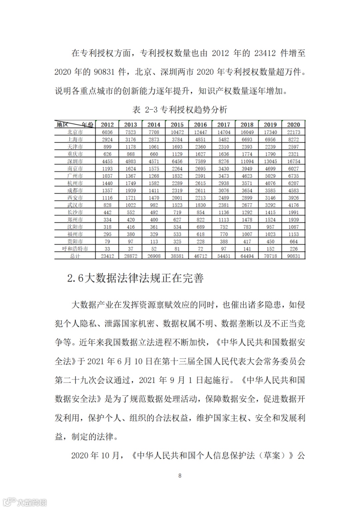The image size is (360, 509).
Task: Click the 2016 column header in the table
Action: point(200,125)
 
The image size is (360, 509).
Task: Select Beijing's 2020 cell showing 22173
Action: point(293,132)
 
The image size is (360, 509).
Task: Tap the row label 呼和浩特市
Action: point(75,249)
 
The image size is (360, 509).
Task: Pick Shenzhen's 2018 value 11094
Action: point(247,161)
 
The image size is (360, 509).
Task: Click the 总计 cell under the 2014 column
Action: point(154,256)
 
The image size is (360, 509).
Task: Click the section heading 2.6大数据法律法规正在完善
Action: point(135,278)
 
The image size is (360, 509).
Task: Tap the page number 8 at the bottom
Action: point(180,475)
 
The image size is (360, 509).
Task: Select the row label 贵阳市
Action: point(75,241)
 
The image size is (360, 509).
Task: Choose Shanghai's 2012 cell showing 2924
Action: point(107,139)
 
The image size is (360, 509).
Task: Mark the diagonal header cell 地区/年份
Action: point(75,125)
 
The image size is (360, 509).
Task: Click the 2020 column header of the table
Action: point(293,125)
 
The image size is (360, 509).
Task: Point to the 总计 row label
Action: point(75,256)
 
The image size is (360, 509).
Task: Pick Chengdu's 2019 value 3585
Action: point(270,190)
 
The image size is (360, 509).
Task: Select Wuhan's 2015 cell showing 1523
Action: point(177,205)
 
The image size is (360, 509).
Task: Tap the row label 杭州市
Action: point(75,183)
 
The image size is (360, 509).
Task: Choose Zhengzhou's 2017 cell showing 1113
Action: point(224,220)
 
